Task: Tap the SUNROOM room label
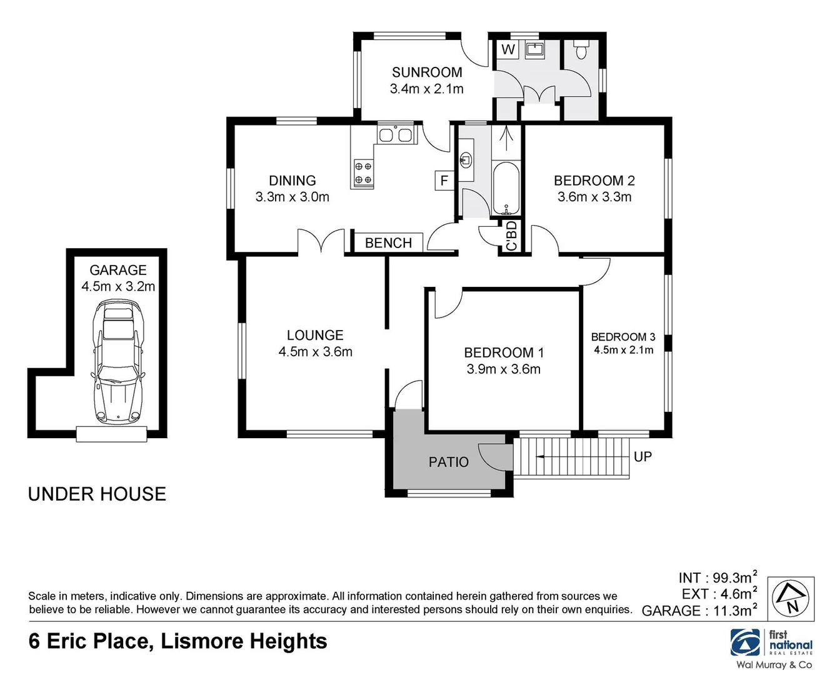coord(427,72)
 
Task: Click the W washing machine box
coord(509,49)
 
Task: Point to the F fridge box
coord(444,181)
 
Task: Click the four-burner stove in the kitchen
coord(363,173)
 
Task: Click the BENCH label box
coord(388,242)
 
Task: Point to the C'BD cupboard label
coord(511,236)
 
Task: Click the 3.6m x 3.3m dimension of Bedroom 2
coord(594,197)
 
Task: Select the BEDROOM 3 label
coord(623,337)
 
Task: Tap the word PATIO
coord(448,462)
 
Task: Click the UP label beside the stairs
coord(643,457)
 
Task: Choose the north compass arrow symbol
coord(790,599)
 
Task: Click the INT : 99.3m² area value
coord(718,577)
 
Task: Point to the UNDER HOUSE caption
coord(97,494)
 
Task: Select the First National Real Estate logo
coord(773,644)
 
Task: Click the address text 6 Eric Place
coord(91,641)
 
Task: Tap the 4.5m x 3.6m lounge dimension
coord(315,352)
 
